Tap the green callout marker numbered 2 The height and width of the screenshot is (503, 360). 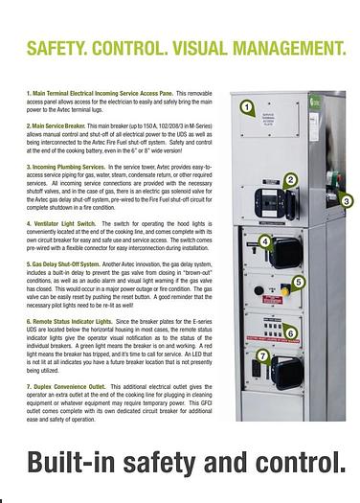point(291,179)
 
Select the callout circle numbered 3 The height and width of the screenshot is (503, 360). point(347,201)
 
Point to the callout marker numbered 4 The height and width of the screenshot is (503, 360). point(265,242)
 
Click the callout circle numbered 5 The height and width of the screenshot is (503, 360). point(299,282)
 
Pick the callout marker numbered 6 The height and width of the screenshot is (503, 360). point(291,333)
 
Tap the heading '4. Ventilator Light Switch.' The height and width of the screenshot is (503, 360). point(62,222)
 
